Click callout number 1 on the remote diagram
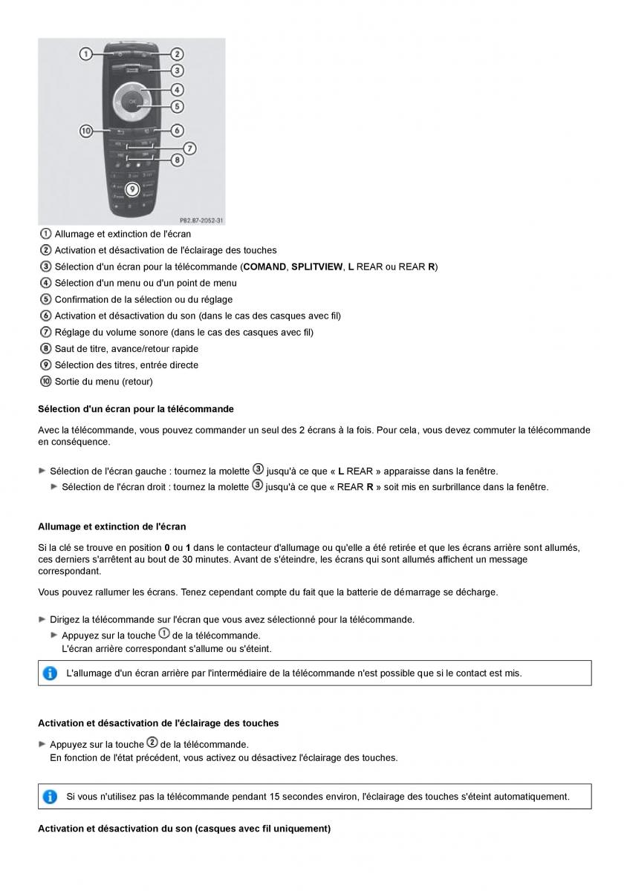(85, 53)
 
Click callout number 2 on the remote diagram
(178, 53)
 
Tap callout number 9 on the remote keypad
(133, 189)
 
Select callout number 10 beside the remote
(86, 131)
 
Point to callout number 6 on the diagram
(178, 130)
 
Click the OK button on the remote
(132, 100)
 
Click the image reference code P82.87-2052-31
(201, 221)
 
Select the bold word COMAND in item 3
(264, 267)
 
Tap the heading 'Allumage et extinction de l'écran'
(111, 526)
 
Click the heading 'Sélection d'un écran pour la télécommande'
(135, 409)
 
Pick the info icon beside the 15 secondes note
(50, 797)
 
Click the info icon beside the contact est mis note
(50, 673)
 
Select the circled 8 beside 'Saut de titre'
(45, 348)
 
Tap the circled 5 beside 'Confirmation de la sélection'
(45, 299)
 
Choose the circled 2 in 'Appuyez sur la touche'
(152, 743)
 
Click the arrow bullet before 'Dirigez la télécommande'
(42, 619)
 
